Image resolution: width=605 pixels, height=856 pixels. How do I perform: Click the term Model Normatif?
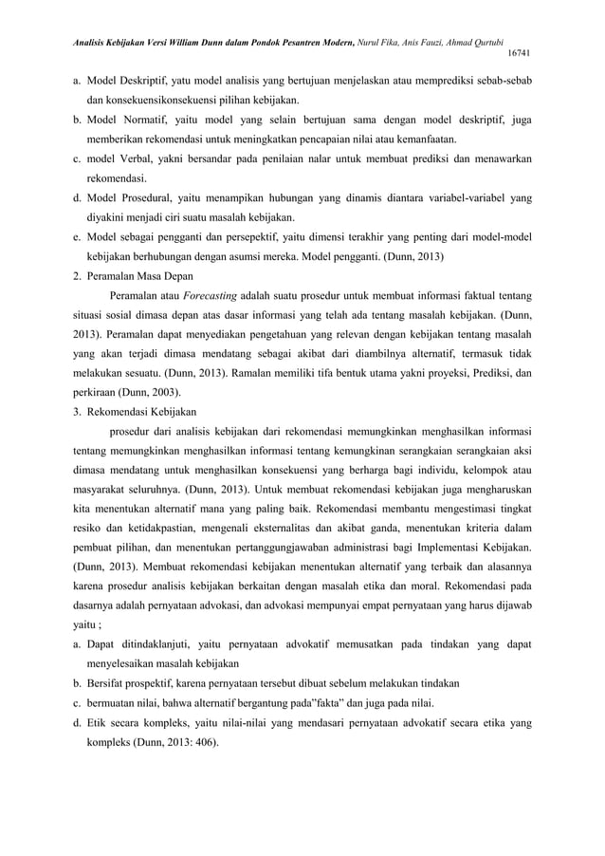coord(124,121)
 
